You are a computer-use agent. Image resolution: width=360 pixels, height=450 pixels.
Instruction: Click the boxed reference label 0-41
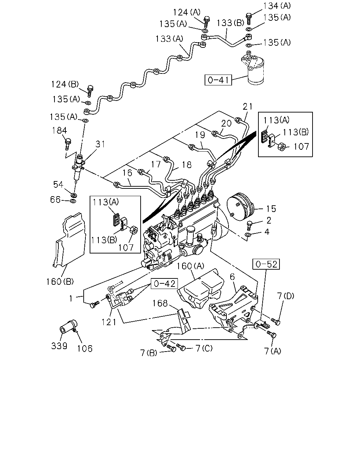[x=218, y=80]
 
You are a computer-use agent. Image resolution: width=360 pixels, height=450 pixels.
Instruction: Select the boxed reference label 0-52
[x=266, y=264]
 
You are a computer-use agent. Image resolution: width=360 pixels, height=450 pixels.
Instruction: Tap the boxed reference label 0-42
[x=165, y=284]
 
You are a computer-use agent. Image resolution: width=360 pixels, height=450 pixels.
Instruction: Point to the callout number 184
[x=59, y=130]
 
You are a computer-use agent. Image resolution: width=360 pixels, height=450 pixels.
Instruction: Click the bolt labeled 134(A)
[x=249, y=18]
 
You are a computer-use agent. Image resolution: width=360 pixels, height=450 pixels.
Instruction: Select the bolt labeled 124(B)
[x=90, y=91]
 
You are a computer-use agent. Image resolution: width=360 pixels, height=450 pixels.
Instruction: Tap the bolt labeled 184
[x=68, y=144]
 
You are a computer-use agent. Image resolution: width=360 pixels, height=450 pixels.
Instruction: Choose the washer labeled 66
[x=73, y=201]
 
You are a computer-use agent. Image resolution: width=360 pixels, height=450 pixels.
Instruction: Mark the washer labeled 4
[x=248, y=235]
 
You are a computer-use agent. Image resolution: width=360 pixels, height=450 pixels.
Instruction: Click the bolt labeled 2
[x=249, y=225]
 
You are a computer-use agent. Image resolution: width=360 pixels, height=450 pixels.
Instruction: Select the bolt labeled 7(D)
[x=276, y=322]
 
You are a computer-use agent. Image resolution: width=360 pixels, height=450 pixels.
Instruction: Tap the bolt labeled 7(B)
[x=171, y=348]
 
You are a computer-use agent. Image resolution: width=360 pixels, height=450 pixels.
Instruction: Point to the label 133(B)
[x=230, y=23]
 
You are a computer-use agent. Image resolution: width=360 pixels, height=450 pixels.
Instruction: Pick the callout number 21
[x=247, y=107]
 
